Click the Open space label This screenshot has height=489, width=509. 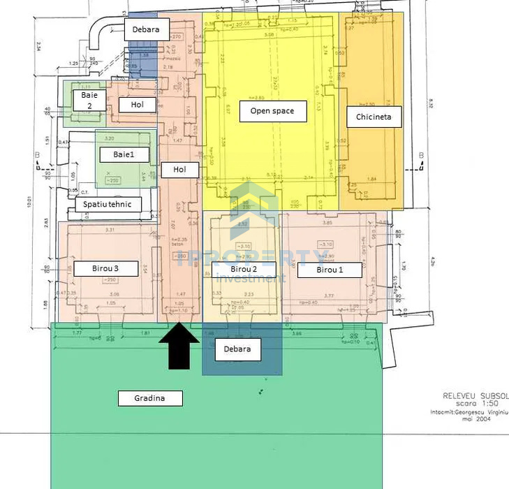(273, 111)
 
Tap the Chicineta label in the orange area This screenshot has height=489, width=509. (374, 117)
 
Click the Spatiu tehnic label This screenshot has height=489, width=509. (108, 204)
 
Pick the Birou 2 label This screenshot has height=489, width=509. (244, 269)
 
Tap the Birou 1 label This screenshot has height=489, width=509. (330, 269)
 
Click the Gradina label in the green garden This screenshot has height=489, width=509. (149, 398)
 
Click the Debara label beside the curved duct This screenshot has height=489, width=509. (147, 29)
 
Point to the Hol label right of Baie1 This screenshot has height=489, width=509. (180, 169)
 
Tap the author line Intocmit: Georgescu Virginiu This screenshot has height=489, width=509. (469, 413)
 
